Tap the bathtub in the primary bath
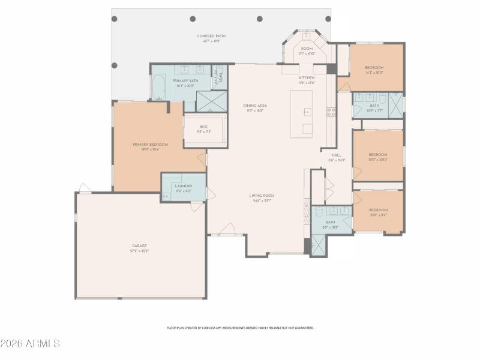(x=159, y=88)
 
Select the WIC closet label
(x=205, y=128)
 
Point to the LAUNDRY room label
(x=184, y=188)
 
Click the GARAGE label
(x=140, y=248)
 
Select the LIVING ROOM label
(x=262, y=197)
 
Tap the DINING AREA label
(x=255, y=107)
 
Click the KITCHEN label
(x=307, y=80)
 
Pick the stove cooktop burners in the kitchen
(x=331, y=112)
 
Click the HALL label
(x=337, y=157)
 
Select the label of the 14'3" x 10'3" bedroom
(x=374, y=70)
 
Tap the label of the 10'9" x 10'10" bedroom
(x=377, y=156)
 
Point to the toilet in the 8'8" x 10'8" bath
(x=319, y=212)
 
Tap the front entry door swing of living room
(x=227, y=229)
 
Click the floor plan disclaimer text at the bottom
(x=240, y=328)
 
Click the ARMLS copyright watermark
(x=30, y=344)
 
